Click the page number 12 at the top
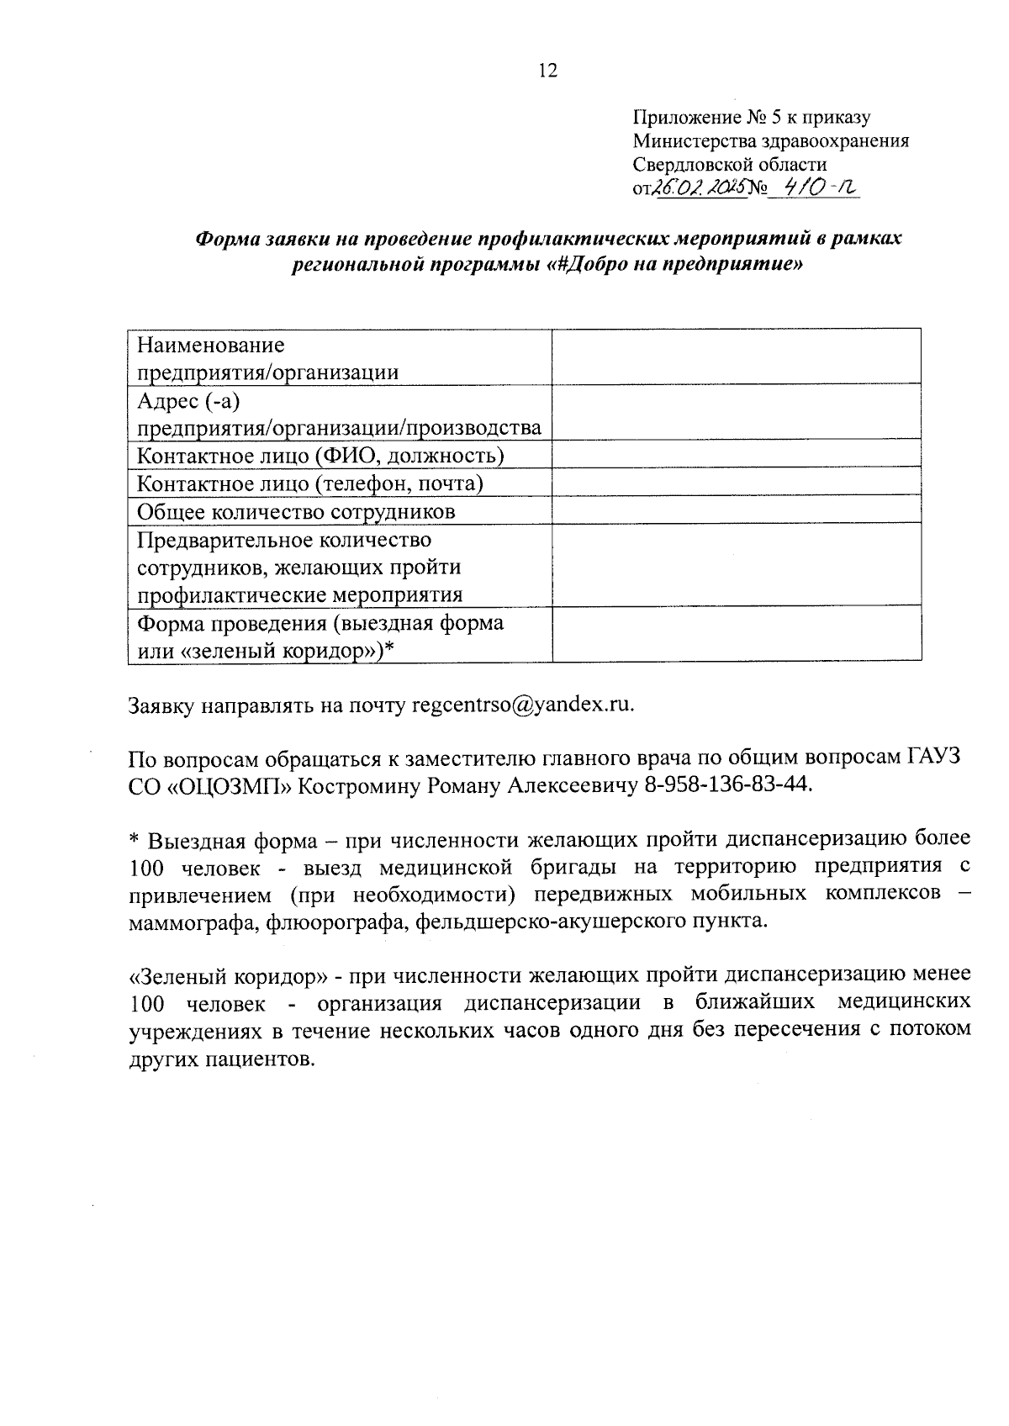pos(547,71)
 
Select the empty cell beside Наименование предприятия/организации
pos(736,357)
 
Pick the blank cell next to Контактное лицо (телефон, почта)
pos(736,483)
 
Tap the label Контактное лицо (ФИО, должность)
pos(320,456)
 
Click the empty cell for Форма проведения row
pos(736,636)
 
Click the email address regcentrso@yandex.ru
pos(521,705)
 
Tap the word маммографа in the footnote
pos(193,921)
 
